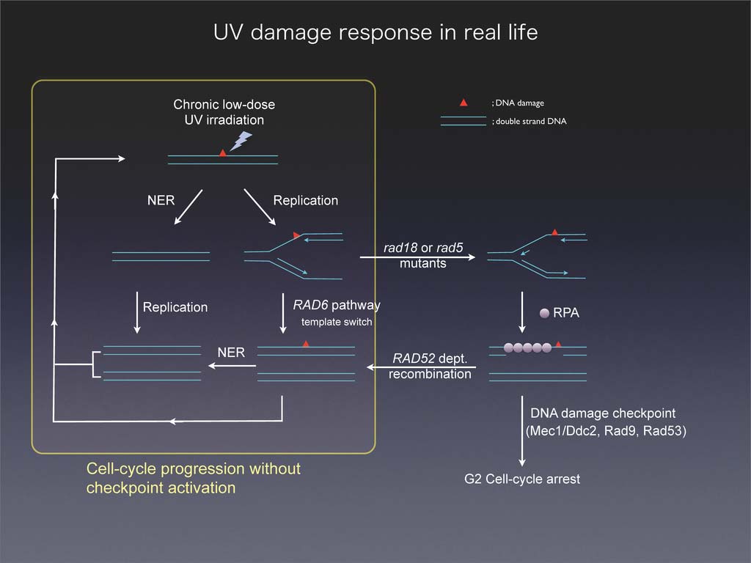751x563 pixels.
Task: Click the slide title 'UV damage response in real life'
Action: tap(375, 33)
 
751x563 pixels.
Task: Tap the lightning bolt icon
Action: tap(241, 141)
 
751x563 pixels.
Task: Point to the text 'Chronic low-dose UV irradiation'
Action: tap(224, 112)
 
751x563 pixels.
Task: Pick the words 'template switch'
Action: tap(337, 323)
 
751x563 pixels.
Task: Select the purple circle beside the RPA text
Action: tap(544, 313)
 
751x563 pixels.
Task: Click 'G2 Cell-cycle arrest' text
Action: tap(522, 479)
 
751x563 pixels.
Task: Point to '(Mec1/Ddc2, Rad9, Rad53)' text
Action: tap(606, 431)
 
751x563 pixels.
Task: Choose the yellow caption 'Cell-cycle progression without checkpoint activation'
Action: tap(194, 477)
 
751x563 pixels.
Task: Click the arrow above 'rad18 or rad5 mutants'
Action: tap(417, 257)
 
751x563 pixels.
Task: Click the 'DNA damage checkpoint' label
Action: tap(602, 413)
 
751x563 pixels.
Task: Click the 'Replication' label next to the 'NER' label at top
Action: tap(306, 200)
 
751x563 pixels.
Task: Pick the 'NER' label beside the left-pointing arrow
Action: tap(231, 353)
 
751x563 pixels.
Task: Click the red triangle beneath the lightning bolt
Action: tap(223, 152)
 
